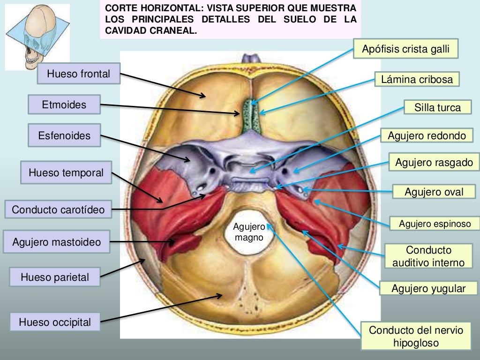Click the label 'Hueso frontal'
pyautogui.click(x=79, y=74)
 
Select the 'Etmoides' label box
pyautogui.click(x=64, y=105)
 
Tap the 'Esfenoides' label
pyautogui.click(x=64, y=136)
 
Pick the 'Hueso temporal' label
pyautogui.click(x=66, y=172)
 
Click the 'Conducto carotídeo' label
pyautogui.click(x=59, y=209)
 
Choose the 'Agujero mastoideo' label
pyautogui.click(x=57, y=243)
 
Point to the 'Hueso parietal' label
pyautogui.click(x=55, y=277)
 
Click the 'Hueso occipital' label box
pyautogui.click(x=55, y=322)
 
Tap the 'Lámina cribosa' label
pyautogui.click(x=417, y=79)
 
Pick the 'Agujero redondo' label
pyautogui.click(x=427, y=136)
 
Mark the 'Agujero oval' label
pyautogui.click(x=434, y=192)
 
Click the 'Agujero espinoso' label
pyautogui.click(x=435, y=224)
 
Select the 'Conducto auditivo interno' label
pyautogui.click(x=428, y=256)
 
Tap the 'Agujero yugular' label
pyautogui.click(x=428, y=289)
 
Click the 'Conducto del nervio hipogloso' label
pyautogui.click(x=416, y=337)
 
